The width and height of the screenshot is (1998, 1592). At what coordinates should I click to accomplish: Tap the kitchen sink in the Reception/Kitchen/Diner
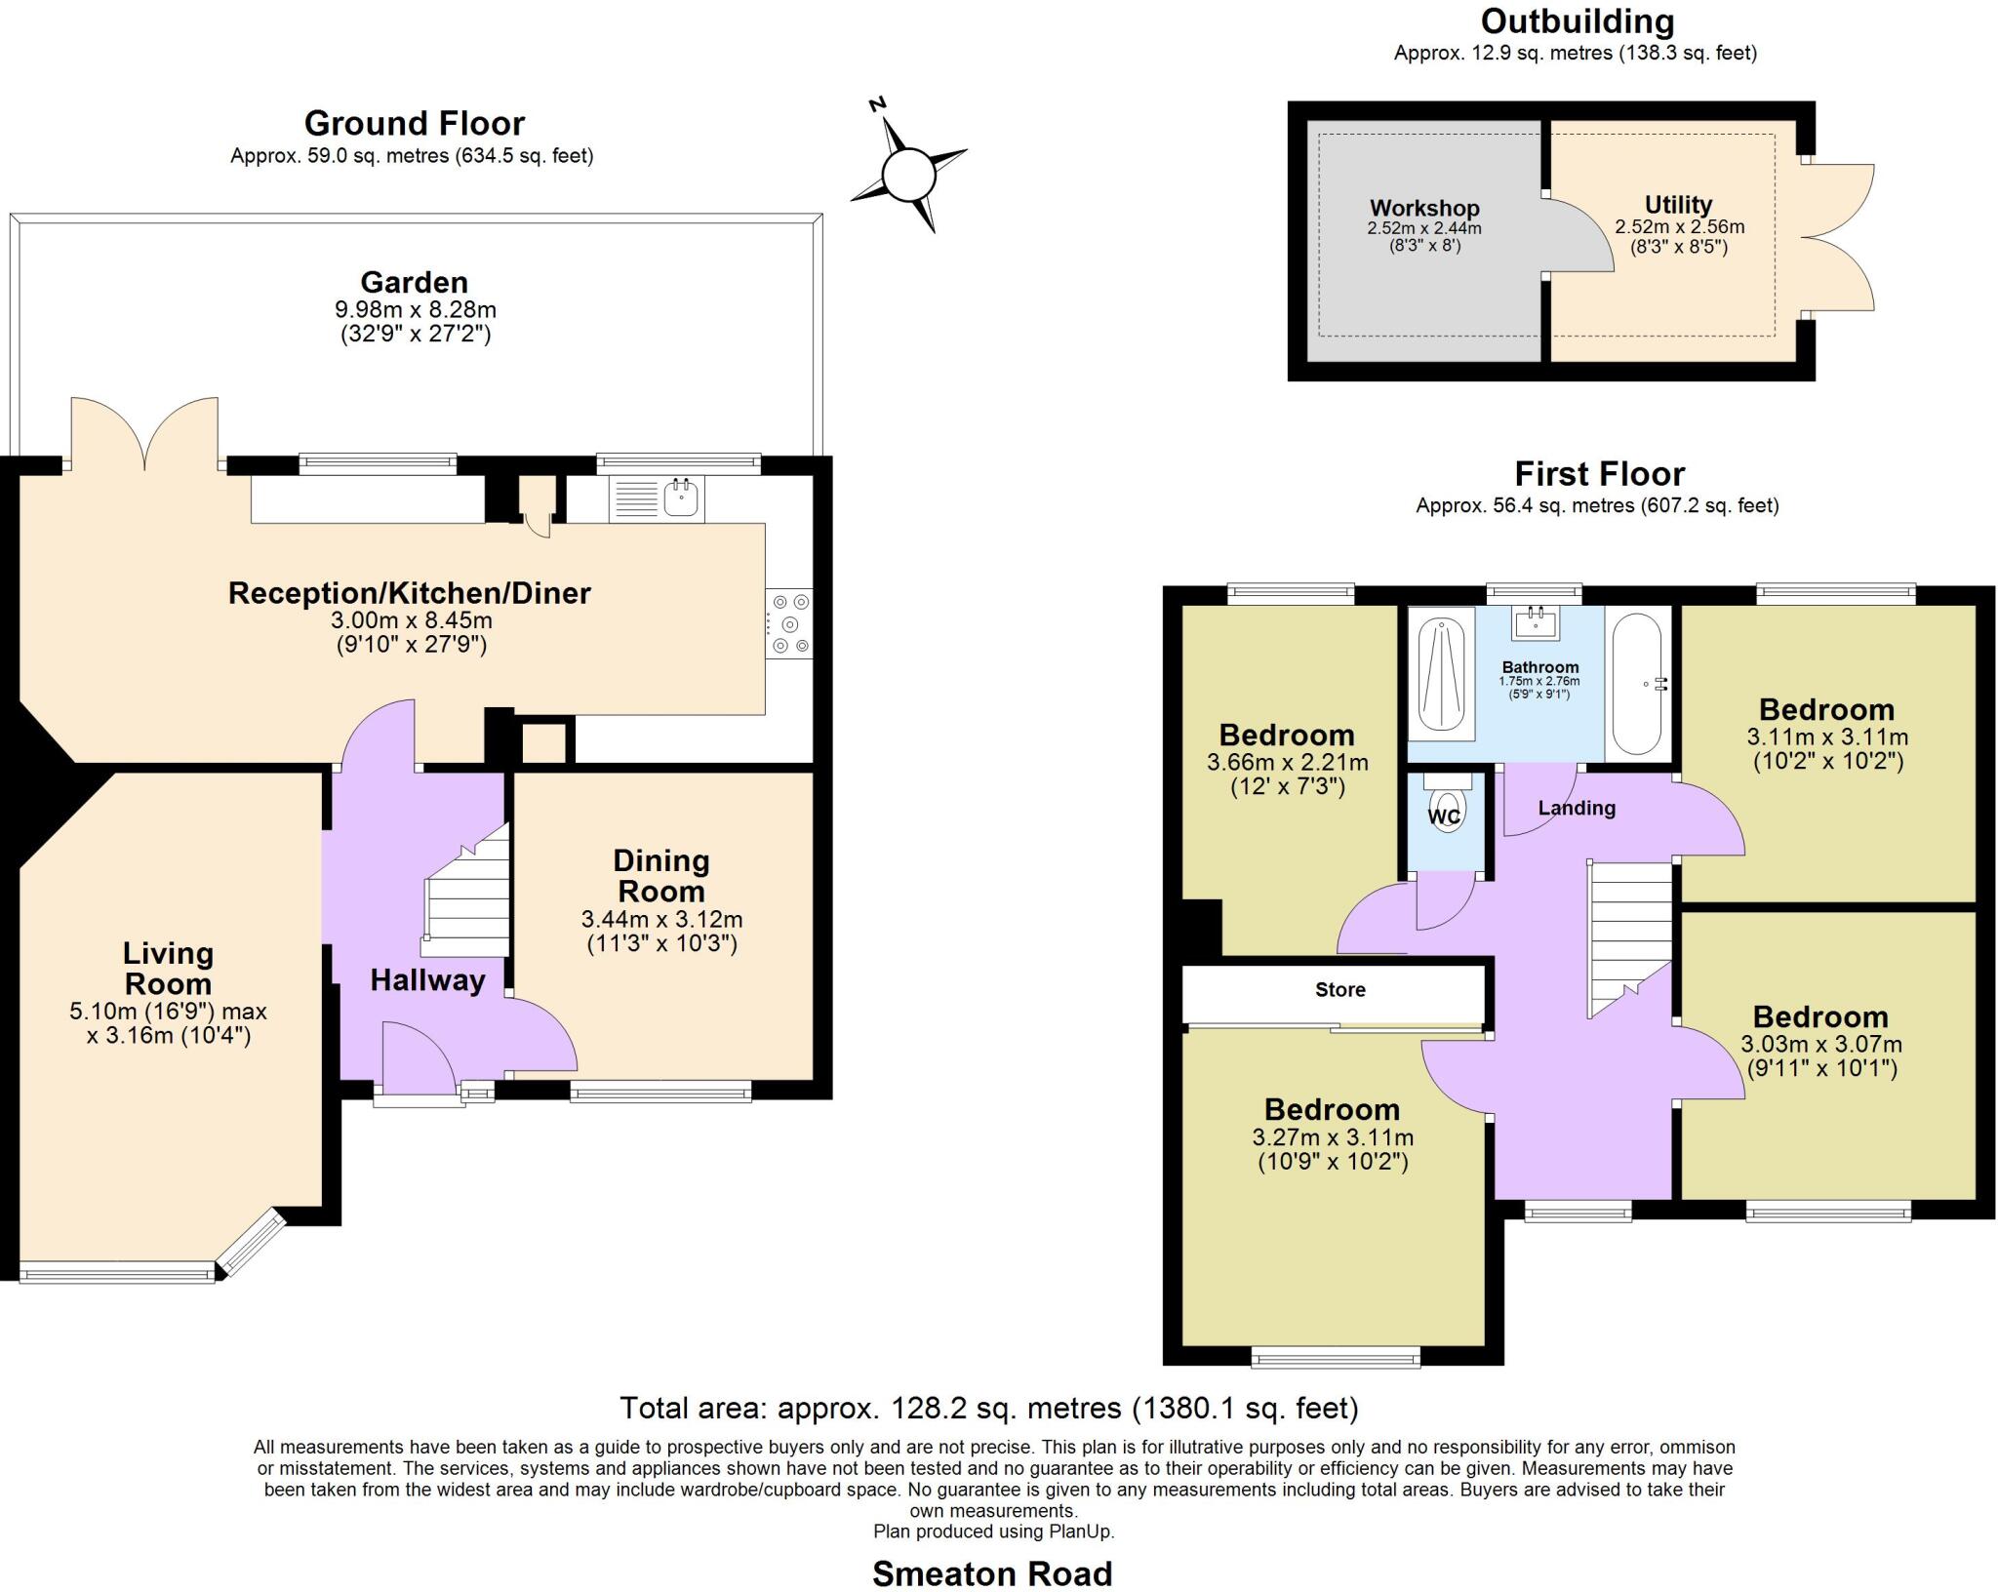[x=681, y=498]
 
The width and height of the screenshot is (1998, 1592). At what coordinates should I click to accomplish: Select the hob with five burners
[x=789, y=623]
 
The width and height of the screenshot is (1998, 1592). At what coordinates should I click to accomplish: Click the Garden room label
[x=415, y=283]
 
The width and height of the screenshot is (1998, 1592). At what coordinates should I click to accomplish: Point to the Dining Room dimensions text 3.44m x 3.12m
[x=661, y=919]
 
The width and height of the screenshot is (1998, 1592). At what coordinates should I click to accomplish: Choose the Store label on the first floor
[x=1339, y=990]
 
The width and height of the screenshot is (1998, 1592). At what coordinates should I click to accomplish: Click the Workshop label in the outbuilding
[x=1424, y=208]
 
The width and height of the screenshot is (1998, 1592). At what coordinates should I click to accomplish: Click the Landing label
[x=1577, y=808]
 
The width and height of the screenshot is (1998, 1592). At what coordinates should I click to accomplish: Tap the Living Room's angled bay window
[x=250, y=1242]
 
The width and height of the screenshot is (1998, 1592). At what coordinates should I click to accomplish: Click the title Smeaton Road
[x=991, y=1572]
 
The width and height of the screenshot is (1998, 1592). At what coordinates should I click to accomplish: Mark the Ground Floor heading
[x=414, y=124]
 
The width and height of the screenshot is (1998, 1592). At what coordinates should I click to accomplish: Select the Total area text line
[x=988, y=1408]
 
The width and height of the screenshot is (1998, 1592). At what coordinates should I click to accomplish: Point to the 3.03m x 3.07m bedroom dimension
[x=1820, y=1044]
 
